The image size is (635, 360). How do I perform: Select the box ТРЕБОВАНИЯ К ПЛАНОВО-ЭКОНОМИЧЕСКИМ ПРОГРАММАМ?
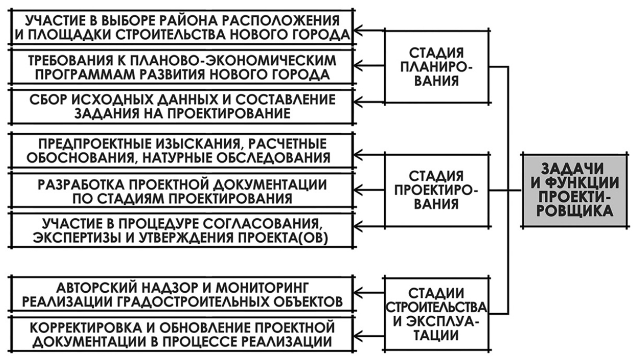182,67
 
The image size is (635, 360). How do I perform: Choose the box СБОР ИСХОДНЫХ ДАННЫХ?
182,107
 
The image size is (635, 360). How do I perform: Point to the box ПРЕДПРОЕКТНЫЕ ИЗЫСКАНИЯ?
182,149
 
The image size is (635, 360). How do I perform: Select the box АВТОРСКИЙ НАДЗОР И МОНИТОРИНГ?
182,294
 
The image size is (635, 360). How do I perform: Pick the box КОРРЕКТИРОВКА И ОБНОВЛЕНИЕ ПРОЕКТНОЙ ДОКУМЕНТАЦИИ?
182,332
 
